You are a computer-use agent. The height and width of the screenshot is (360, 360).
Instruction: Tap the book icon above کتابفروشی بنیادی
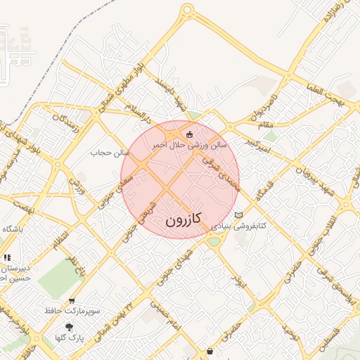[238, 214]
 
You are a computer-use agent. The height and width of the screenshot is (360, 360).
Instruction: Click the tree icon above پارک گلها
[69, 327]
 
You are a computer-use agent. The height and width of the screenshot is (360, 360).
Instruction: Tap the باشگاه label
[13, 229]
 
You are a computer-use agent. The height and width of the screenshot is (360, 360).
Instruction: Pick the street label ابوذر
[239, 282]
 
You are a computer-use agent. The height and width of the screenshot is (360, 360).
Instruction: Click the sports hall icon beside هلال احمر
[188, 134]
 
